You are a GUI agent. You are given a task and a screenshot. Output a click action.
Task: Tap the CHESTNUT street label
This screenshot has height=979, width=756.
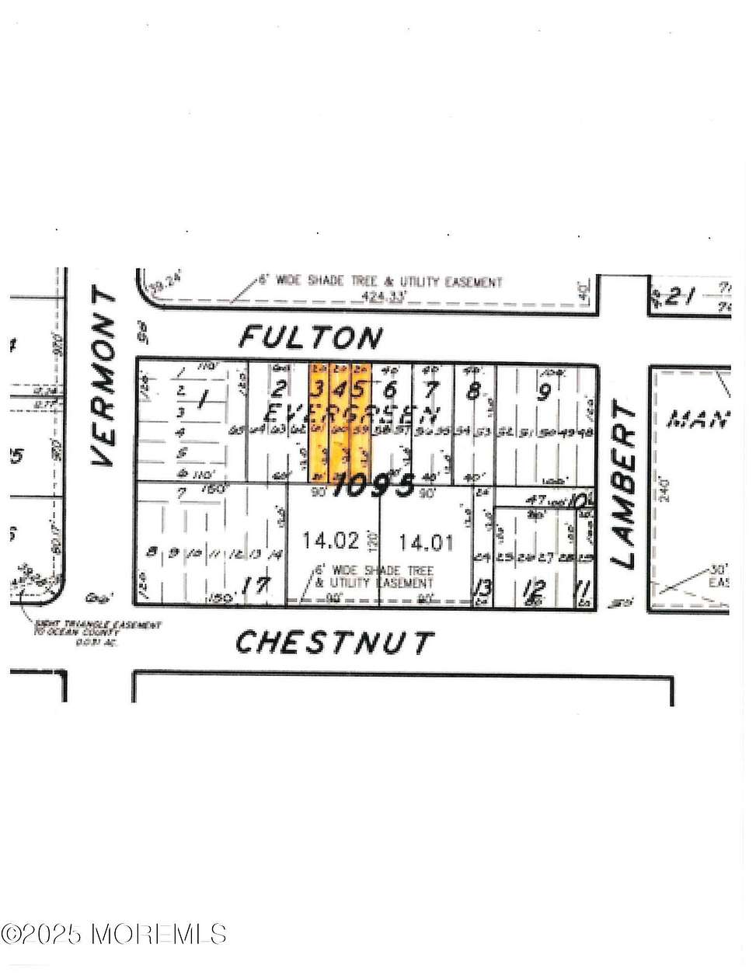[334, 643]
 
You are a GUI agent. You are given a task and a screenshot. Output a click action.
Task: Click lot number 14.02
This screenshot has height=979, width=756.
[331, 541]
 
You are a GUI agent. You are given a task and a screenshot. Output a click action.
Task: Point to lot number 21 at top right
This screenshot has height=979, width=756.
[684, 297]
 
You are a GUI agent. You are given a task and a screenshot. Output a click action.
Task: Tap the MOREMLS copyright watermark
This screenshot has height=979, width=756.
[114, 933]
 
